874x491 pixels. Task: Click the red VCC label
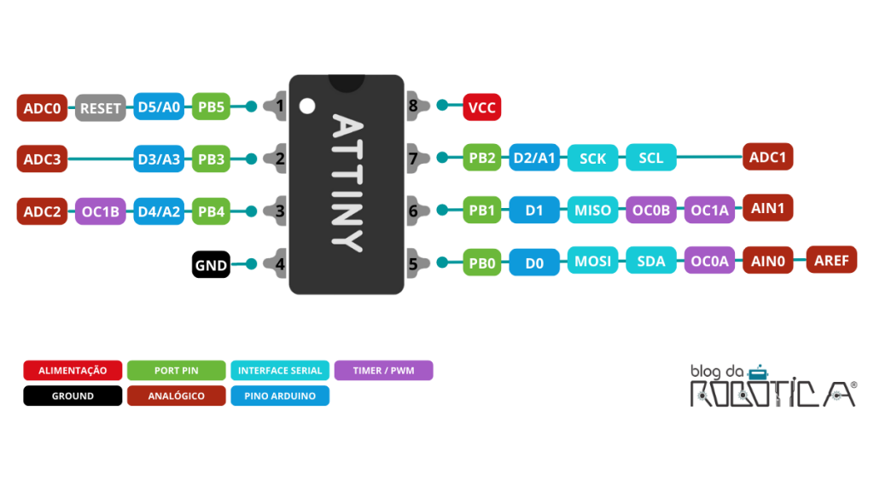pos(481,107)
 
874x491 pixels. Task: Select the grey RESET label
pos(101,108)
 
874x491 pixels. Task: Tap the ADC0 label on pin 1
pos(42,108)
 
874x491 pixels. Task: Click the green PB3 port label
pos(211,159)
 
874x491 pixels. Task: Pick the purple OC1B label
pos(101,211)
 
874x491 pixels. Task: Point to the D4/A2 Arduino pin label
pos(159,211)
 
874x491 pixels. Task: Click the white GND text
pos(211,265)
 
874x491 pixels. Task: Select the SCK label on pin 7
pos(592,159)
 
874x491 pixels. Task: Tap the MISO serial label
pos(592,211)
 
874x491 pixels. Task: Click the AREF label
pos(831,260)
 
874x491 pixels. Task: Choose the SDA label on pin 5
pos(650,262)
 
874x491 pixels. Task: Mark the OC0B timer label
pos(650,211)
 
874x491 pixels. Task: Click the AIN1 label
pos(767,207)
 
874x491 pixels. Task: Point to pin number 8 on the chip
pos(413,107)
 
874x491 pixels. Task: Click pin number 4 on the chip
pos(279,264)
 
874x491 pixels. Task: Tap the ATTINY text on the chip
pos(347,182)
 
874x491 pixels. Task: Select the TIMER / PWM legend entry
pos(383,371)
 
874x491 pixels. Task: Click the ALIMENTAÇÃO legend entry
pos(73,371)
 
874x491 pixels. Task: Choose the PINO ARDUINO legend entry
pos(279,396)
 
